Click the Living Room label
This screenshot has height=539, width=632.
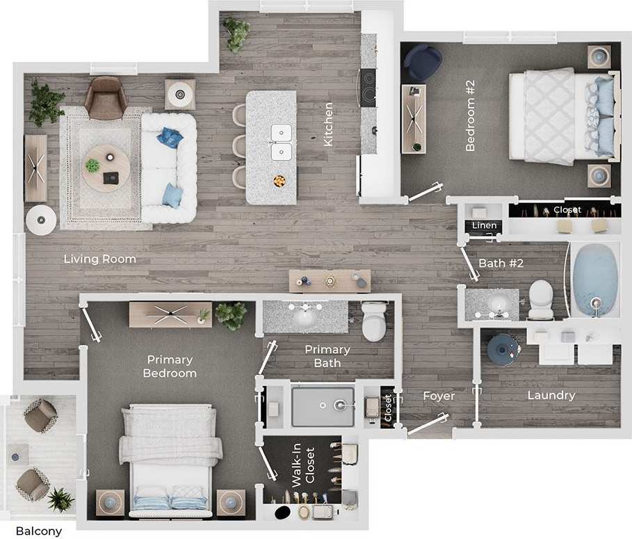(99, 259)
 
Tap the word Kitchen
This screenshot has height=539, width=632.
(329, 124)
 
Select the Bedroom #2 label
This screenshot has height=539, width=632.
(470, 115)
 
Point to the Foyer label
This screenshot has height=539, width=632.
(439, 396)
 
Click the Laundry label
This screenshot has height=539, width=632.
(551, 395)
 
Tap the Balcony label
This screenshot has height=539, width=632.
(38, 531)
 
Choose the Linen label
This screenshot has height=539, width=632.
(485, 225)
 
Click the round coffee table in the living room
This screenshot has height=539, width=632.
(106, 168)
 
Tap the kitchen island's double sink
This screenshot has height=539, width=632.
(282, 141)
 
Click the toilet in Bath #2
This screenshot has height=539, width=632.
(540, 299)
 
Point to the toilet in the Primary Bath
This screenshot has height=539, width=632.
(374, 319)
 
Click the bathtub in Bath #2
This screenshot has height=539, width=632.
(594, 280)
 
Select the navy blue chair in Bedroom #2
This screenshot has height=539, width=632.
(422, 61)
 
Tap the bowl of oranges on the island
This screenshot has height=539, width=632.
(279, 181)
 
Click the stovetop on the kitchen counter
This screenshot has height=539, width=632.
(368, 87)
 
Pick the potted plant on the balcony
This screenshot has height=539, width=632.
(60, 499)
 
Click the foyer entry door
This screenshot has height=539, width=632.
(427, 424)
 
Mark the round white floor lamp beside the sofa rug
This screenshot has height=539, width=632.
(40, 220)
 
